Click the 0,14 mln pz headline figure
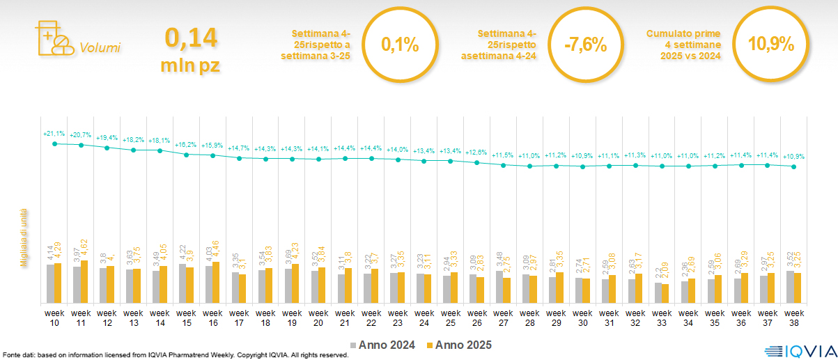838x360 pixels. click(x=190, y=49)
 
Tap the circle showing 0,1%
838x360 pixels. click(x=401, y=46)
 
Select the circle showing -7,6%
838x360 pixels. click(x=585, y=46)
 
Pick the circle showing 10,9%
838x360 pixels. click(x=771, y=45)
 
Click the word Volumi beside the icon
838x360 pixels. click(x=100, y=48)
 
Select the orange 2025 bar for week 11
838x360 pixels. click(x=85, y=282)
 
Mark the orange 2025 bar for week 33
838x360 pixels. click(x=665, y=293)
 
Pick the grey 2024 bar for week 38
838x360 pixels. click(x=790, y=286)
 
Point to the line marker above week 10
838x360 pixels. click(x=54, y=143)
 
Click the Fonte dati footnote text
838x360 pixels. click(x=174, y=355)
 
